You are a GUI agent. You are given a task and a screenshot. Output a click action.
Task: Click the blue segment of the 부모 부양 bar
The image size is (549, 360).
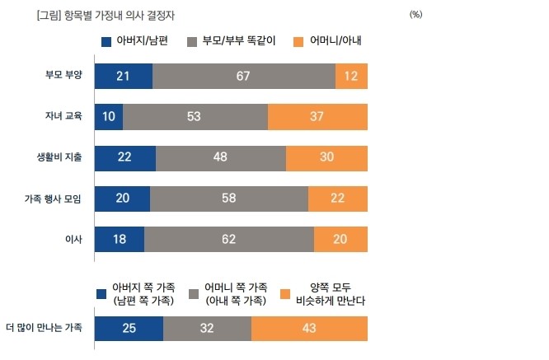124,76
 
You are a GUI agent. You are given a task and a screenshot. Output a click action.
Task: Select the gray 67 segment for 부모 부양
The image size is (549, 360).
244,76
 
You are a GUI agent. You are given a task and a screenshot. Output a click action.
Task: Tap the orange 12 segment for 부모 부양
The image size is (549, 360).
351,76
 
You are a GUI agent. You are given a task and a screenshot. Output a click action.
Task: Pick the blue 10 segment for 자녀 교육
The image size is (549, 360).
109,116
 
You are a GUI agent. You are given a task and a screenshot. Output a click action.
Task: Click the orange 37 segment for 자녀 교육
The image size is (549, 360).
317,116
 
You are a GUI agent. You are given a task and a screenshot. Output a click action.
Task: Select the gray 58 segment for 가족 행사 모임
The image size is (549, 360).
229,199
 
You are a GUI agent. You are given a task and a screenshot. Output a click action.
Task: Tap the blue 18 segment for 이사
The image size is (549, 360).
120,239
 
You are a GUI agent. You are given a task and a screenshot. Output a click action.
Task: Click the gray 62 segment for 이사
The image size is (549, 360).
229,239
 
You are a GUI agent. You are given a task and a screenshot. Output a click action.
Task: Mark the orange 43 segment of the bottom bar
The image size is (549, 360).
309,328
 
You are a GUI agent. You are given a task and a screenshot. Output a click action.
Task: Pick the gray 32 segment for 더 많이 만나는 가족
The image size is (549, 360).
207,328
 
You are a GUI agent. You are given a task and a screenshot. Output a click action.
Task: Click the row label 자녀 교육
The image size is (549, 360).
63,116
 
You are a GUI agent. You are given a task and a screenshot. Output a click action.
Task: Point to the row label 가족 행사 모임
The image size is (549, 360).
54,199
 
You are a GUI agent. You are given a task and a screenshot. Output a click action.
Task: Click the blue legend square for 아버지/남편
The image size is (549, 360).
106,41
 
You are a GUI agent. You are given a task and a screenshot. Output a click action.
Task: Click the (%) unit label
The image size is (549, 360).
415,15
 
